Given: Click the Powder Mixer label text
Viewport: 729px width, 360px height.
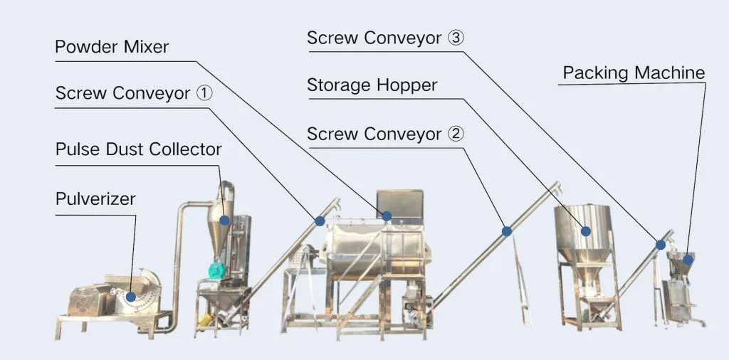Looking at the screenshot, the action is (112, 47).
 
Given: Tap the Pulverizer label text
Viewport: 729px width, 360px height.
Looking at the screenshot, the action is (95, 198).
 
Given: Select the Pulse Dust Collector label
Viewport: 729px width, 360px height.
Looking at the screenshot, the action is (139, 149).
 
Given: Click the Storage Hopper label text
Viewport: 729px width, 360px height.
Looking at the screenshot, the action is (372, 85).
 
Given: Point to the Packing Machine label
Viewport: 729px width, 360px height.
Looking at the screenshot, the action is (634, 73).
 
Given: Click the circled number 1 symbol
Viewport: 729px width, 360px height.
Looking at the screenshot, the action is (204, 93).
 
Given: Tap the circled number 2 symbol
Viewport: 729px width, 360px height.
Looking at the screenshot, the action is (456, 134).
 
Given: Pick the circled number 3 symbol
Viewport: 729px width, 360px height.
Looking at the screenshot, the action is (456, 38).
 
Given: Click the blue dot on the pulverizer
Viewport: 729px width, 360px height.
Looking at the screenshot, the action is (131, 297).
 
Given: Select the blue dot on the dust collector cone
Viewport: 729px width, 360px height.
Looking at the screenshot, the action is (224, 220).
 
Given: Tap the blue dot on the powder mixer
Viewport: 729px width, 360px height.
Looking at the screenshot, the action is (387, 216).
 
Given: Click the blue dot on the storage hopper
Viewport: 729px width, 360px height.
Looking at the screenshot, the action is (586, 231).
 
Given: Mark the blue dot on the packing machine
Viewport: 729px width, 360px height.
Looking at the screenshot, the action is (688, 260).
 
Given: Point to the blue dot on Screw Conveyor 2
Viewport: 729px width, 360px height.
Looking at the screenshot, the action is (507, 231).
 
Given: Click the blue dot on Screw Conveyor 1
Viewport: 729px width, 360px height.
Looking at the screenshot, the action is (320, 221).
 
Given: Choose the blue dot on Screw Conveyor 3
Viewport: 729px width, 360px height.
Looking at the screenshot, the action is (661, 244).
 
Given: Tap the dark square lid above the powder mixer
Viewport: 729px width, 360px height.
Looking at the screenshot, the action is (400, 205).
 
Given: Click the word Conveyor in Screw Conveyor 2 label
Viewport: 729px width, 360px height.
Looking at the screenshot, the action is (403, 134).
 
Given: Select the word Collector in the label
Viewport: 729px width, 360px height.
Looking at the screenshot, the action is (186, 149).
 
